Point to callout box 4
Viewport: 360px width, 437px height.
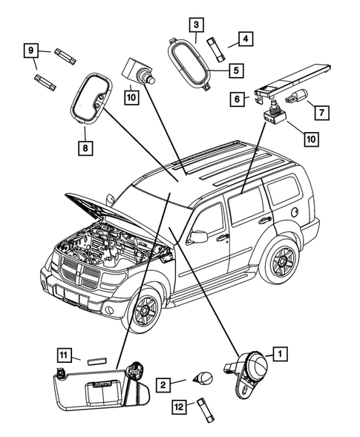pyautogui.click(x=242, y=38)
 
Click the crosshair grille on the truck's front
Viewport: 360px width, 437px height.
pyautogui.click(x=79, y=275)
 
